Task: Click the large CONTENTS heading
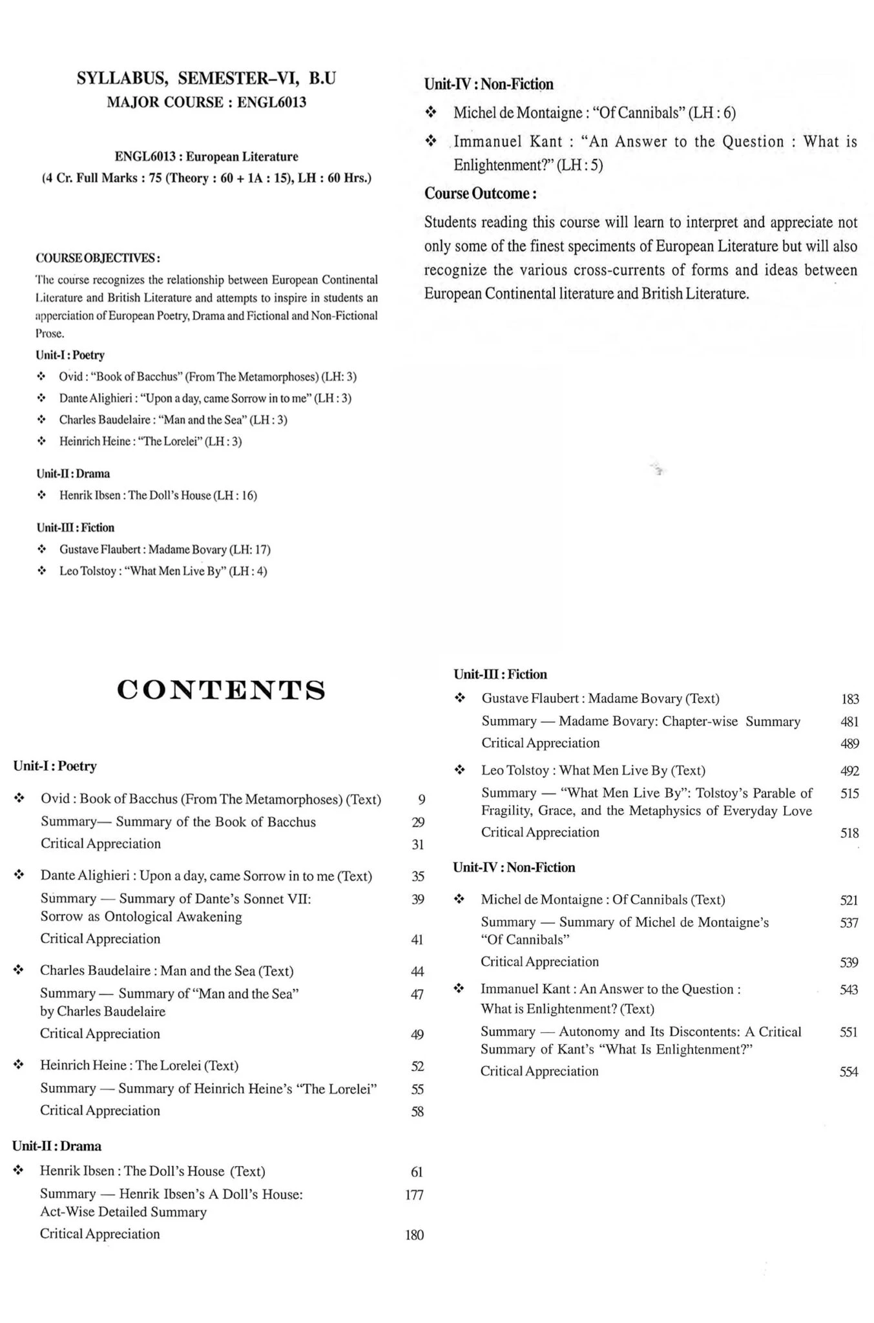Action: (221, 691)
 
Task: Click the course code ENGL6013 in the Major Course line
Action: (271, 102)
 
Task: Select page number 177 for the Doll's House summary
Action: (414, 1195)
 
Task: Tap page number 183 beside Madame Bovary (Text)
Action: (850, 699)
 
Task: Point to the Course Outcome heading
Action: (480, 193)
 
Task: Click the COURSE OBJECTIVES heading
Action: (98, 258)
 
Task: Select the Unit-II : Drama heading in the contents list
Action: (57, 1147)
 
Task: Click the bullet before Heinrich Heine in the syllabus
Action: (42, 442)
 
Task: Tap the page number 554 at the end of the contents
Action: (849, 1072)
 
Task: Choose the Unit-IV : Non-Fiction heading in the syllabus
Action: (488, 84)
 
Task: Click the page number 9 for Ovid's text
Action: (422, 800)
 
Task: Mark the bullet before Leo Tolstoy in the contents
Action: (459, 770)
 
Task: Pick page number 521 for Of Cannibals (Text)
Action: (849, 900)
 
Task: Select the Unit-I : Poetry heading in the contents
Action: (55, 766)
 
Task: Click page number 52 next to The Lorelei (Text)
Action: (417, 1066)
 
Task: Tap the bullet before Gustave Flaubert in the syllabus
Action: (42, 550)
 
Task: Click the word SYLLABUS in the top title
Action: (123, 79)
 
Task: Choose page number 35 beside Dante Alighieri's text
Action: (418, 877)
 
